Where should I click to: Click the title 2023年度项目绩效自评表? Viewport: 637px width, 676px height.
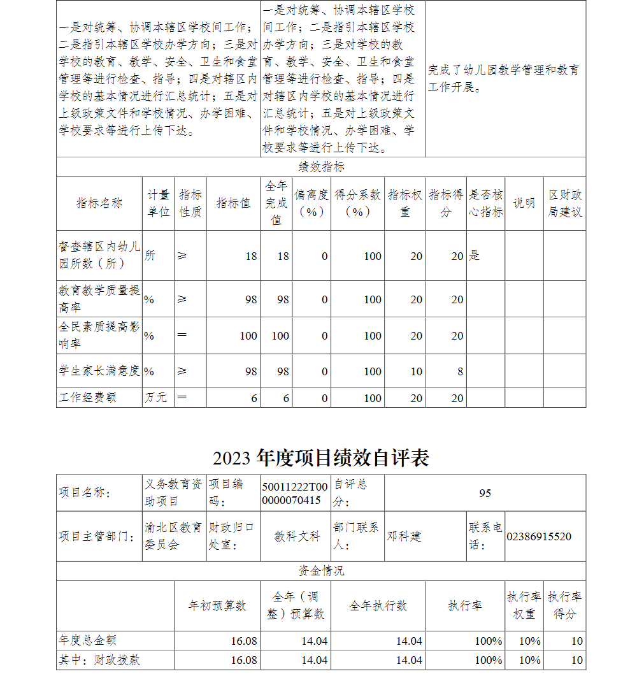(x=321, y=458)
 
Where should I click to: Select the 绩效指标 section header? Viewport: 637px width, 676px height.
(x=321, y=167)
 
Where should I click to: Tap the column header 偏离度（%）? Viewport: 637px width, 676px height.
(x=311, y=203)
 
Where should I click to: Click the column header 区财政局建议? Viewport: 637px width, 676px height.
(x=564, y=203)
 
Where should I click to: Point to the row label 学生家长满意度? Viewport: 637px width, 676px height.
(x=99, y=371)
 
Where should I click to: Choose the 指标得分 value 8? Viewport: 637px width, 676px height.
(x=460, y=371)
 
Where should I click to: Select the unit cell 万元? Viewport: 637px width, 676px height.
(x=155, y=398)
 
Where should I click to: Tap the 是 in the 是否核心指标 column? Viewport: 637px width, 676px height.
(x=474, y=256)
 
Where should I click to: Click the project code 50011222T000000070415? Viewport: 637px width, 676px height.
(x=295, y=493)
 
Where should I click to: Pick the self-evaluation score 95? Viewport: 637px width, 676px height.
(x=485, y=493)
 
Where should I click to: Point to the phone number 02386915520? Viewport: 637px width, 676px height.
(x=538, y=536)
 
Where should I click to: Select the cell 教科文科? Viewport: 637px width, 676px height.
(x=297, y=536)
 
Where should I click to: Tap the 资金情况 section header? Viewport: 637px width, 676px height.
(x=321, y=571)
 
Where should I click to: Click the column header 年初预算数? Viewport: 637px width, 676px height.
(x=217, y=606)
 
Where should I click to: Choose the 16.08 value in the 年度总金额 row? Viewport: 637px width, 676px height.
(x=244, y=641)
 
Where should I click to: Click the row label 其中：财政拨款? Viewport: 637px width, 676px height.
(x=99, y=660)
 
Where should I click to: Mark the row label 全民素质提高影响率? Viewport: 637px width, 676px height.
(x=99, y=335)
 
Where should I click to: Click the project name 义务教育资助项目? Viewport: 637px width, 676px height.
(x=173, y=493)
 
